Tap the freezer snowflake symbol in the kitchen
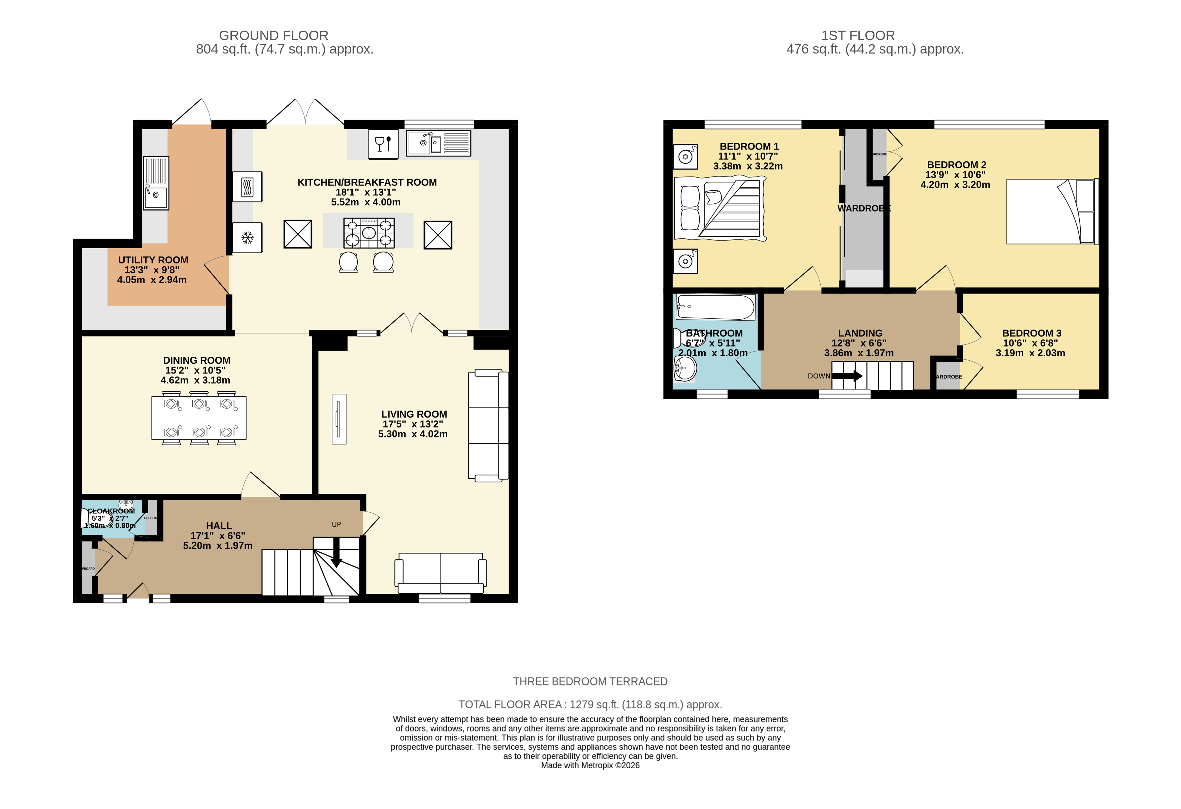[248, 237]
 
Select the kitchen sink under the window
[438, 143]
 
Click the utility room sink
[156, 183]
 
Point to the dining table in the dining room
[199, 418]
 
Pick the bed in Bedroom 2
[1051, 212]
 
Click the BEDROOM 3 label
[1031, 333]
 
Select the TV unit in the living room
[339, 419]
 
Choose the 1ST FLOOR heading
[858, 36]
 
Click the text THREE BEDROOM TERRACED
[590, 681]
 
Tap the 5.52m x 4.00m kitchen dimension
[365, 202]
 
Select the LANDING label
[860, 333]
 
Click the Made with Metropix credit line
[590, 765]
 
